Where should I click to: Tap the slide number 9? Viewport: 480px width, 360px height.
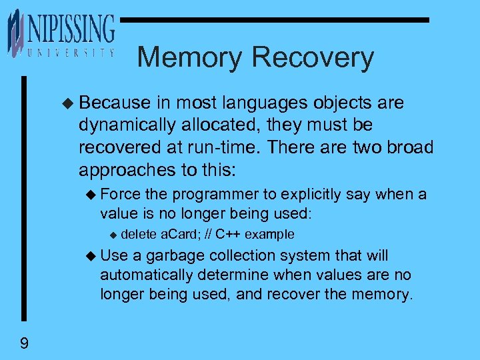[x=24, y=343]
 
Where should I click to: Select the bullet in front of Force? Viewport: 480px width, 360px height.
[x=92, y=195]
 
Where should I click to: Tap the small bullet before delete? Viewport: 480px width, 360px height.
[x=113, y=235]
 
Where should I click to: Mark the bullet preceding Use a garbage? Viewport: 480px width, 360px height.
[x=92, y=256]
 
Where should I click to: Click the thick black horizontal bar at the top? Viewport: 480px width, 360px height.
[x=273, y=20]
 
